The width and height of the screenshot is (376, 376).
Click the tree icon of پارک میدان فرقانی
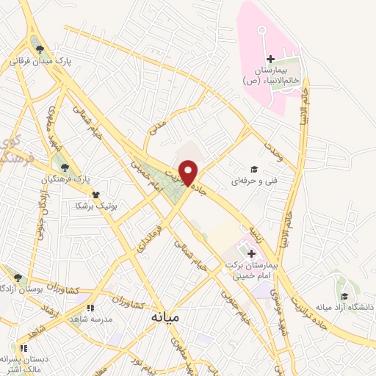point(40,48)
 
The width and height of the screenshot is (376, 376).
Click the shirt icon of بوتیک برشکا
point(95,195)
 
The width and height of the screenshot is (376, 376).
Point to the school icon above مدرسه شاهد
point(90,308)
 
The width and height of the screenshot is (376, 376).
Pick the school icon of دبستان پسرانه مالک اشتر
point(23,347)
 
